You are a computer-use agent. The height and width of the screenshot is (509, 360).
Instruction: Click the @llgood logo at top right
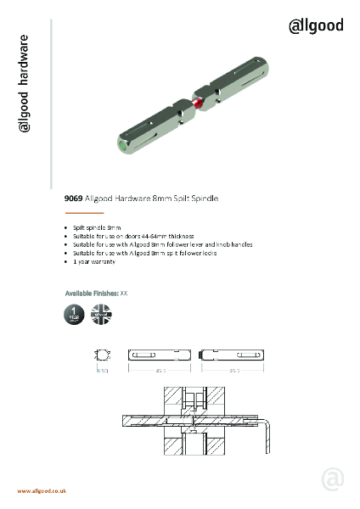pos(317,26)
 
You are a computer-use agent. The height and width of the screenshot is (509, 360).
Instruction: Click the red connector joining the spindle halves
pos(198,104)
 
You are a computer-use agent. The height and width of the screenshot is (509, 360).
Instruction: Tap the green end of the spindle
pos(125,147)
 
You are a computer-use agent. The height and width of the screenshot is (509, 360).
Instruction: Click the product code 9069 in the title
pos(74,197)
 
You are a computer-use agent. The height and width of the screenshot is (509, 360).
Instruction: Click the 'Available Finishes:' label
pos(92,292)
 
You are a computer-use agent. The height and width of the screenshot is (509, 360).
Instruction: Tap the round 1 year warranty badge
pos(75,313)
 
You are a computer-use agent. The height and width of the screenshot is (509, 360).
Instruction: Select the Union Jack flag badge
pos(101,313)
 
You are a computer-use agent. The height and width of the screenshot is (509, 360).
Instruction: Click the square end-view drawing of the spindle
pos(104,356)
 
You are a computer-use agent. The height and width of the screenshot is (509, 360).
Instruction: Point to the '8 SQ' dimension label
pos(103,371)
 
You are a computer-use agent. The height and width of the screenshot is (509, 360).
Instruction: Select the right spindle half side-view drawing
pos(230,356)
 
